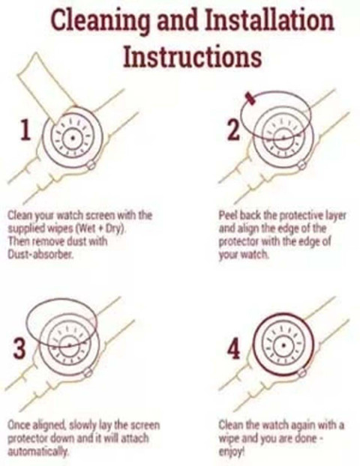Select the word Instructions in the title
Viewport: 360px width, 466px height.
[193, 56]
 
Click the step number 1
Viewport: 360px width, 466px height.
[25, 130]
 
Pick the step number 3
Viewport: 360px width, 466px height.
[19, 348]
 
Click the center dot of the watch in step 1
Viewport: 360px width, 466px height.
[73, 138]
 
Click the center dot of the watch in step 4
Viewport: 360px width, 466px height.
[284, 345]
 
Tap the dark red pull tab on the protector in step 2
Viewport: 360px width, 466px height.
[250, 99]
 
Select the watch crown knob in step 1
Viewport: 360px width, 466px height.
[91, 164]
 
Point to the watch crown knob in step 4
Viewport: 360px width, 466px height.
[301, 372]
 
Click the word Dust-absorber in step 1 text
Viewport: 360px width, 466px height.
[40, 254]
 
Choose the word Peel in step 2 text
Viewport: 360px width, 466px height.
[228, 215]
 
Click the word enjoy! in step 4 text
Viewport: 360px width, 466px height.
[232, 452]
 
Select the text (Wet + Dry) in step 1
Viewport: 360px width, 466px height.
[101, 229]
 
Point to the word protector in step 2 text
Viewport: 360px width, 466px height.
[238, 242]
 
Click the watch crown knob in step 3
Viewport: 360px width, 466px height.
[88, 372]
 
